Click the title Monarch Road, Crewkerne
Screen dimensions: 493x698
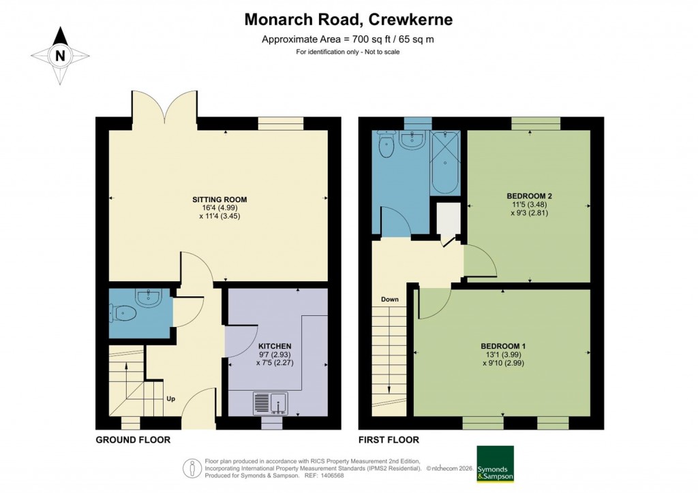348,20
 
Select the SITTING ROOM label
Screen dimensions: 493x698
219,200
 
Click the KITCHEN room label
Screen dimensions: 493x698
275,346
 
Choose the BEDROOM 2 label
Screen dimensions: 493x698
529,196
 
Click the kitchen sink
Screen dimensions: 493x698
271,403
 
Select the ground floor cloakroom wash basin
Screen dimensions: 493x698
148,297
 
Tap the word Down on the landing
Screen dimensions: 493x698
390,300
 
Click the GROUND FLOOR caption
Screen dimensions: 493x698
133,440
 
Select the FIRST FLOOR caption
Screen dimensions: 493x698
389,440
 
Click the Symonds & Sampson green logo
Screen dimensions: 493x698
494,463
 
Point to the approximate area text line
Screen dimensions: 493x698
348,39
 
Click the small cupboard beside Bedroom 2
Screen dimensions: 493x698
447,219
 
